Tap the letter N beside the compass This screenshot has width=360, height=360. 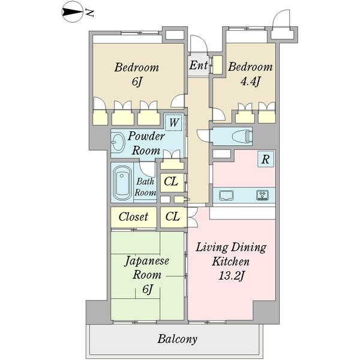click(x=89, y=13)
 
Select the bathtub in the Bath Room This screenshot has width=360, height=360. click(x=122, y=183)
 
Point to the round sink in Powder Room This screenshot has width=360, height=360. click(x=118, y=142)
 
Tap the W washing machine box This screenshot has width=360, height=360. click(x=173, y=122)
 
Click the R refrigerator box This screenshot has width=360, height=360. click(x=266, y=159)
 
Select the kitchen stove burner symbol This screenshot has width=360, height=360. click(x=262, y=195)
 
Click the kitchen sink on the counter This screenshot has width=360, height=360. click(x=226, y=196)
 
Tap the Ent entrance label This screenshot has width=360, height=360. click(x=199, y=65)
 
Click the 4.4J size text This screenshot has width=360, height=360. click(x=250, y=81)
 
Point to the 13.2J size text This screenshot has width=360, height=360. click(x=231, y=276)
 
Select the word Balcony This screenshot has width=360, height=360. click(x=177, y=339)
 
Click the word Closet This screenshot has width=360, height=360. click(x=133, y=217)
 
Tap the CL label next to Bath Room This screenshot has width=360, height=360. click(x=171, y=182)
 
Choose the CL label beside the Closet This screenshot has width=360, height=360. click(x=172, y=216)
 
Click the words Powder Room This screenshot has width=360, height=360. click(x=146, y=144)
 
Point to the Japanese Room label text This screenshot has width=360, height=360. click(x=147, y=268)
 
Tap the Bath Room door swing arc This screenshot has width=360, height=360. click(x=148, y=169)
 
